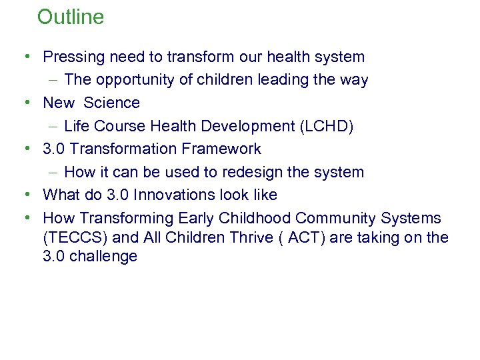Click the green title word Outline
(71, 17)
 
